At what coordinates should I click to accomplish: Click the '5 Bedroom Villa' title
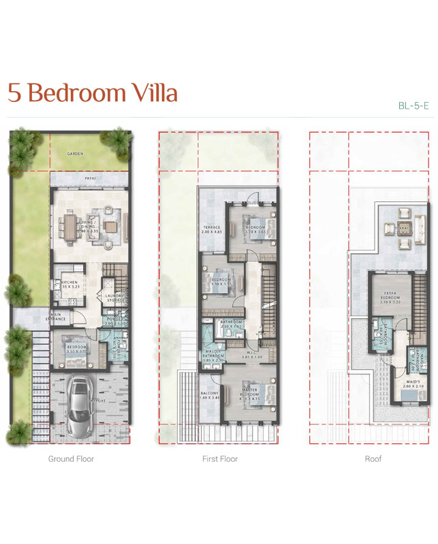point(92,93)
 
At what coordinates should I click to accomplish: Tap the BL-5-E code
point(413,105)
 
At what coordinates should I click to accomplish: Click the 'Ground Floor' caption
point(71,459)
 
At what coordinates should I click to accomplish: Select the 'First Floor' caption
point(220,459)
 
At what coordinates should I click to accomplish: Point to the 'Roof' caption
point(373,459)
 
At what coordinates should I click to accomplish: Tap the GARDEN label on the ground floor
point(75,154)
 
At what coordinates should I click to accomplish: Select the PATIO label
point(89,179)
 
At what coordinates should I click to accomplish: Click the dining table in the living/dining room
point(72,227)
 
